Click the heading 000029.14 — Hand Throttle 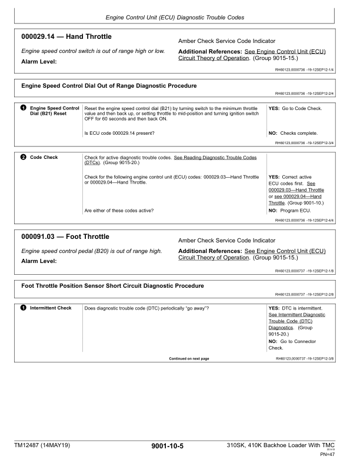[x=66, y=37]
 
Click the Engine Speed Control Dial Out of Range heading [x=109, y=86]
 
